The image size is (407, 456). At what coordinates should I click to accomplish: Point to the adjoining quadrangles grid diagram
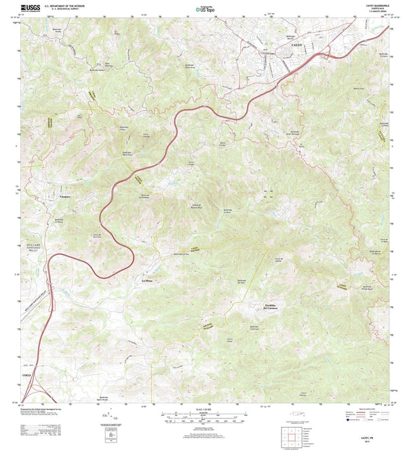coord(292,434)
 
